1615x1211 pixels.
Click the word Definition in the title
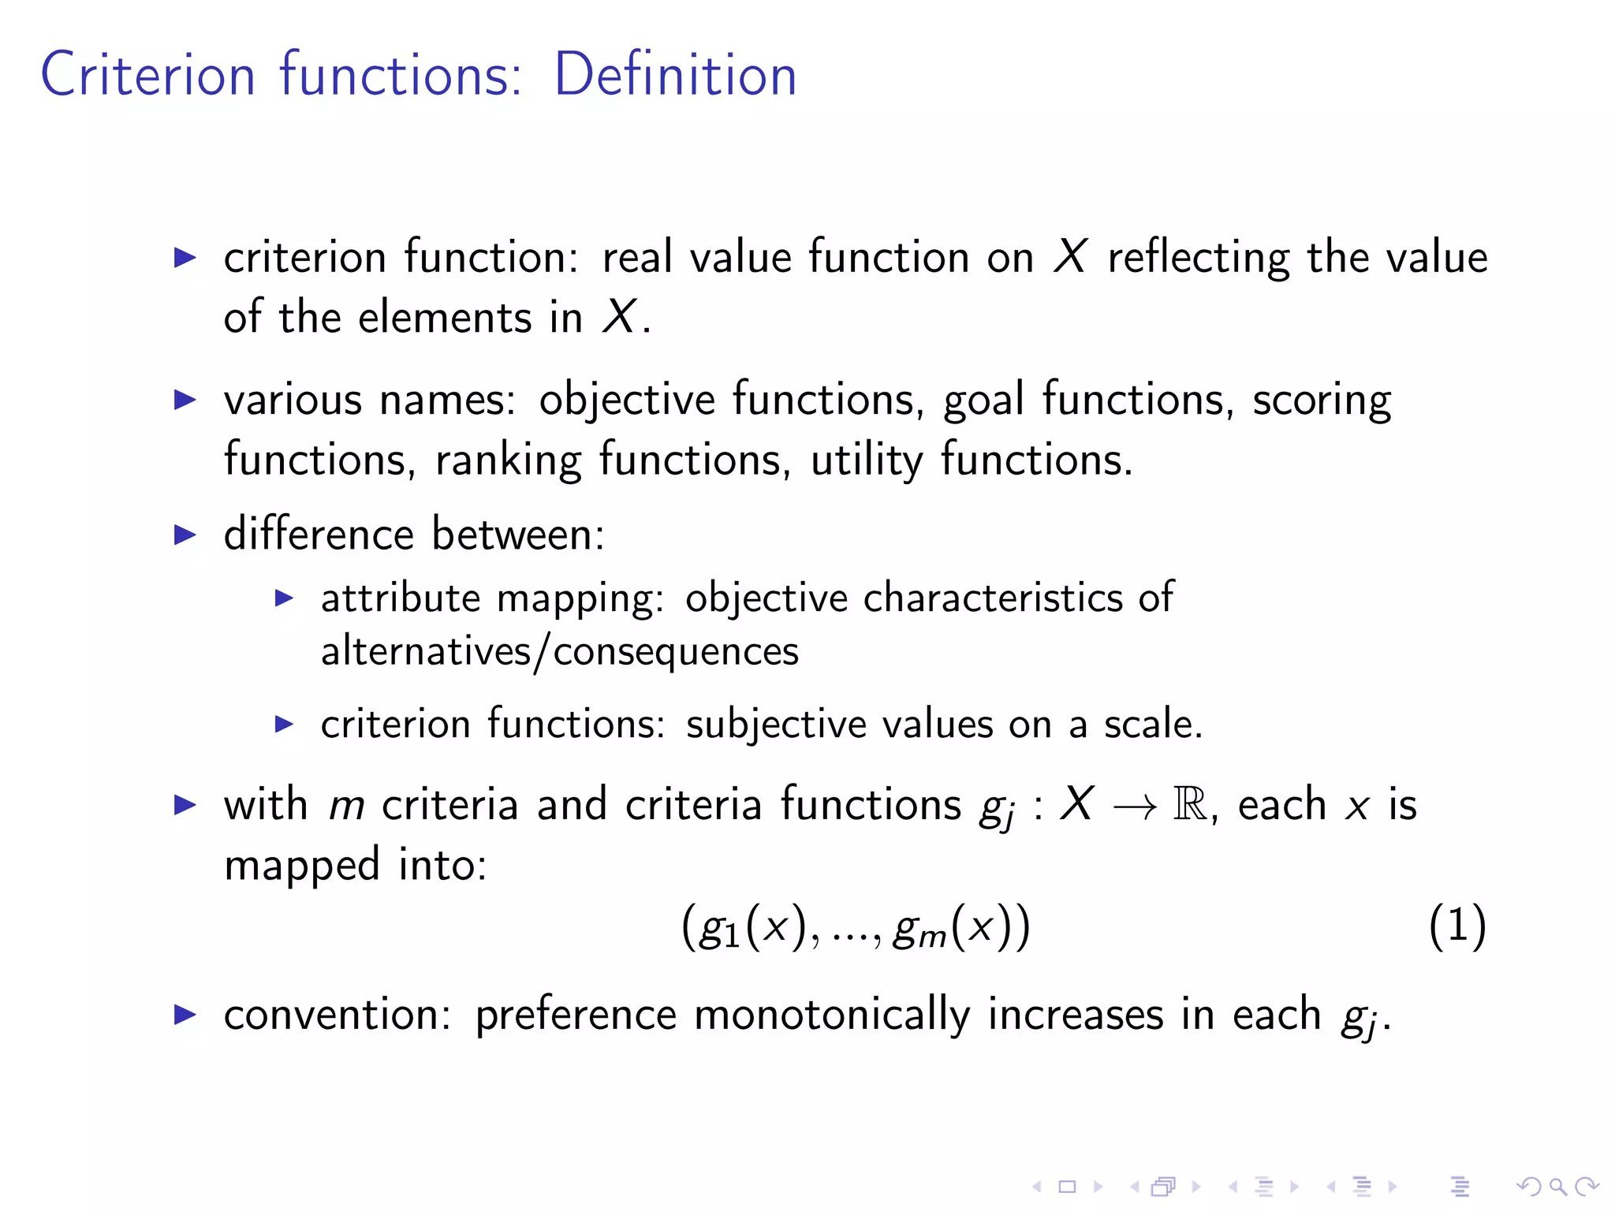[x=676, y=75]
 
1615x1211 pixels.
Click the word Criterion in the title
[x=148, y=75]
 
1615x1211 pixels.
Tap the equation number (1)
[x=1457, y=926]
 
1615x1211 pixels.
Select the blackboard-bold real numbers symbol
[x=1190, y=805]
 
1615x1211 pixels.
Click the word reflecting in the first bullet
[x=1198, y=259]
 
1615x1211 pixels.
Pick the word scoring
[x=1322, y=401]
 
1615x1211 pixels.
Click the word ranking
[x=508, y=460]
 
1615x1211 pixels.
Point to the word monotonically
[x=832, y=1015]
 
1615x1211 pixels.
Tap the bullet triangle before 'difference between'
[x=185, y=535]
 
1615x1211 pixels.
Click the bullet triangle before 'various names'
[x=185, y=400]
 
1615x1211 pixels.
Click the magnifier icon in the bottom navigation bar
[x=1557, y=1186]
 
